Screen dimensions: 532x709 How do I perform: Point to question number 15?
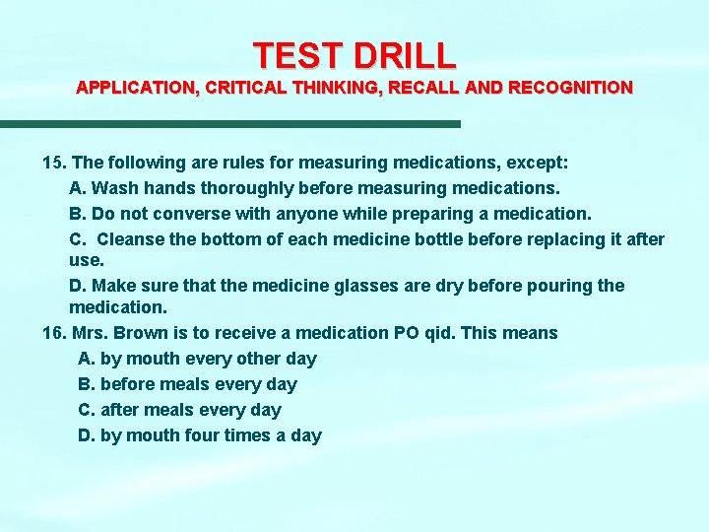click(55, 161)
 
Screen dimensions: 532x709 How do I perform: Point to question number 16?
click(55, 333)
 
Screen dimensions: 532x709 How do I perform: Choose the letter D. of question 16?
click(87, 435)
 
